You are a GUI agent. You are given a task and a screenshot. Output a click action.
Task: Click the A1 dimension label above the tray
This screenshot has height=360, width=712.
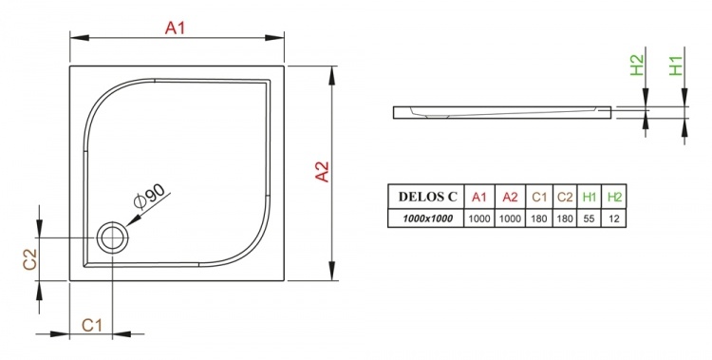[176, 28]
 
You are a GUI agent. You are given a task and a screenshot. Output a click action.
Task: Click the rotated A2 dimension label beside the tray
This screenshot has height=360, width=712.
[322, 172]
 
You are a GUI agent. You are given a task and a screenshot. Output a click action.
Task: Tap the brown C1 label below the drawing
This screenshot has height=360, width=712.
[92, 326]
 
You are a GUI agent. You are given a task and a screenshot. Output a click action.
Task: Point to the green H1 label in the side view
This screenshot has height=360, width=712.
[676, 66]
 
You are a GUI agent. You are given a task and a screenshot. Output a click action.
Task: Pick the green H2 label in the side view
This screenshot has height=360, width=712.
[637, 65]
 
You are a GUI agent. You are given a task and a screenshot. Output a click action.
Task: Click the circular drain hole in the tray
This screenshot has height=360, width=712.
[112, 237]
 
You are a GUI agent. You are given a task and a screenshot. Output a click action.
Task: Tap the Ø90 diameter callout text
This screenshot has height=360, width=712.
[150, 197]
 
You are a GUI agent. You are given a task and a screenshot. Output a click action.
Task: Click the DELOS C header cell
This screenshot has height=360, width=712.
[427, 197]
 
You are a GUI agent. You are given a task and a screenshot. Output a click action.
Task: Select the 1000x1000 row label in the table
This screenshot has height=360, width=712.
[427, 218]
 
